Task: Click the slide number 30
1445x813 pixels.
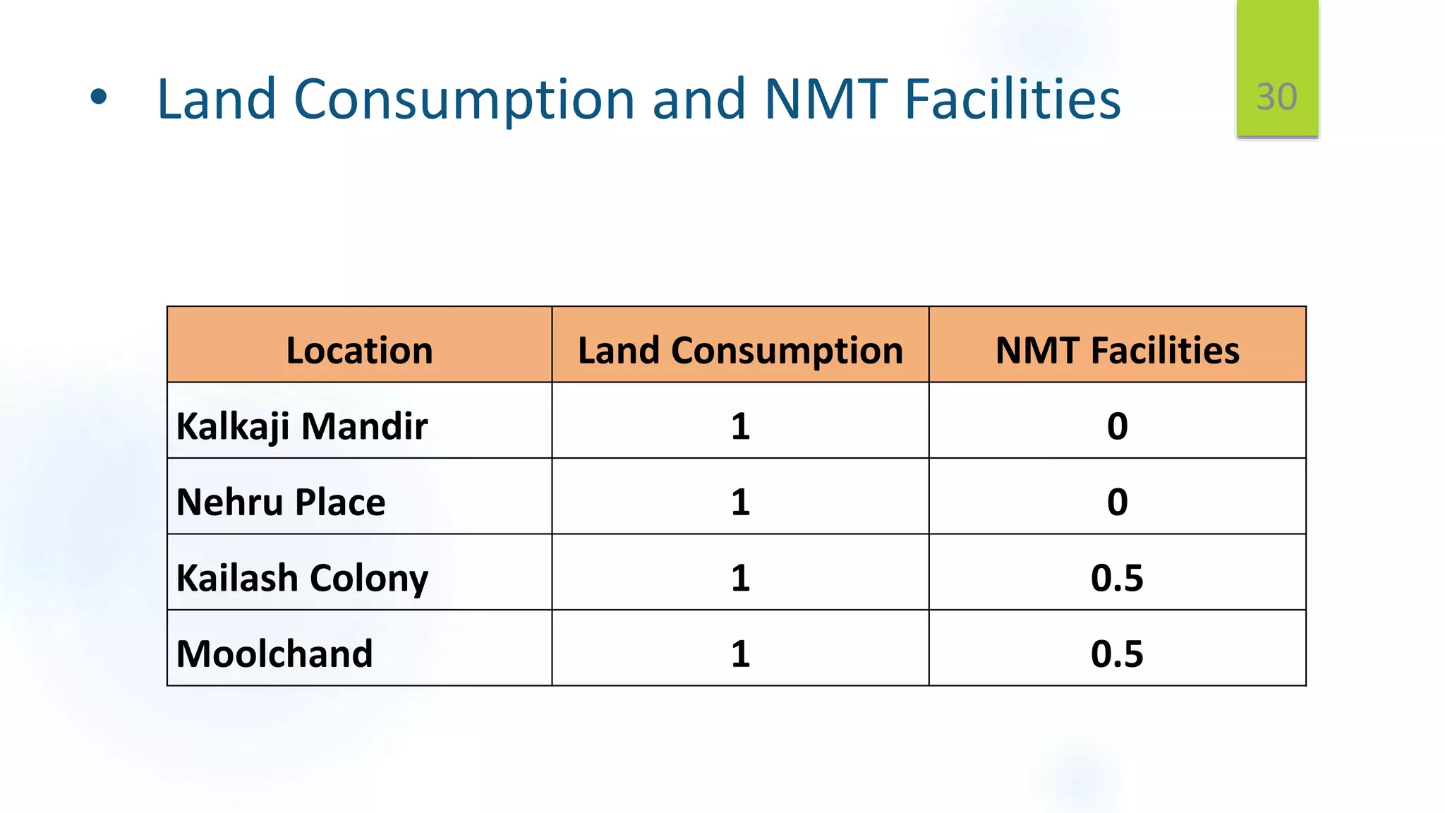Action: click(x=1276, y=97)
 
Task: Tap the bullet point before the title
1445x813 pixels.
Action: click(x=99, y=98)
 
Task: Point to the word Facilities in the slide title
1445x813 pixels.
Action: click(x=1012, y=99)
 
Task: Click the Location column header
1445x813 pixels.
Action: click(x=359, y=350)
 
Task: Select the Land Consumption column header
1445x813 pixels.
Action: click(x=740, y=350)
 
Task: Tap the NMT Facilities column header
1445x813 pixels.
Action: click(x=1117, y=350)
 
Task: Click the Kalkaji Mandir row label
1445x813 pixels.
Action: click(x=302, y=426)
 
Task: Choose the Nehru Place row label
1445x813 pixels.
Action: click(x=281, y=502)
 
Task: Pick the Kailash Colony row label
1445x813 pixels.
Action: click(x=302, y=578)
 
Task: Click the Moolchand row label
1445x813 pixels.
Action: click(x=274, y=654)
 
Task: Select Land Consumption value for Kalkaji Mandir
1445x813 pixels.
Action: click(x=740, y=426)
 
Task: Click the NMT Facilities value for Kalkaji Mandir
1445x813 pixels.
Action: click(x=1117, y=426)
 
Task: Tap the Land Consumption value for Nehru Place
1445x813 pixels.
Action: click(x=740, y=502)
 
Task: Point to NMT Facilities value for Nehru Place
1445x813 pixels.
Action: click(x=1117, y=502)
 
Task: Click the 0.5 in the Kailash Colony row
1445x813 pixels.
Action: click(x=1117, y=578)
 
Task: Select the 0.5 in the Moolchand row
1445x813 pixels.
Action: click(x=1117, y=654)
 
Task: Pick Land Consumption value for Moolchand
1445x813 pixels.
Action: click(x=740, y=654)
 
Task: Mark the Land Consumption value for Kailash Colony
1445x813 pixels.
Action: click(x=740, y=578)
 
